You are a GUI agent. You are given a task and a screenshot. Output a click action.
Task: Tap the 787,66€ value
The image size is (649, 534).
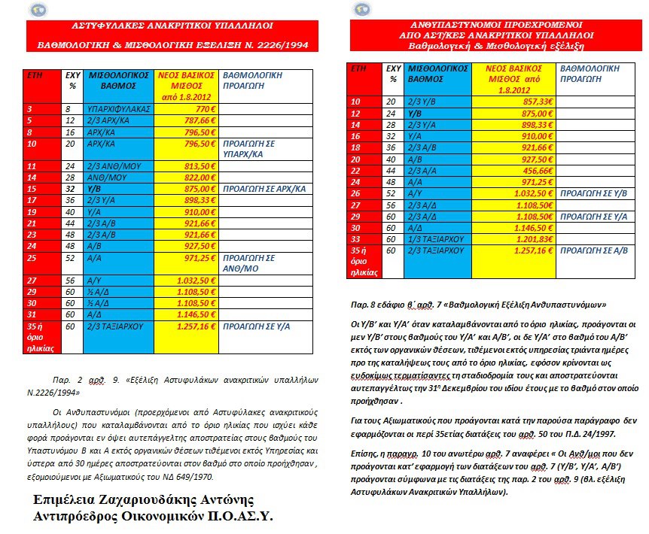(x=200, y=120)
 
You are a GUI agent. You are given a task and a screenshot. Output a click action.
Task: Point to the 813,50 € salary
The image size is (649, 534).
(x=200, y=166)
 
